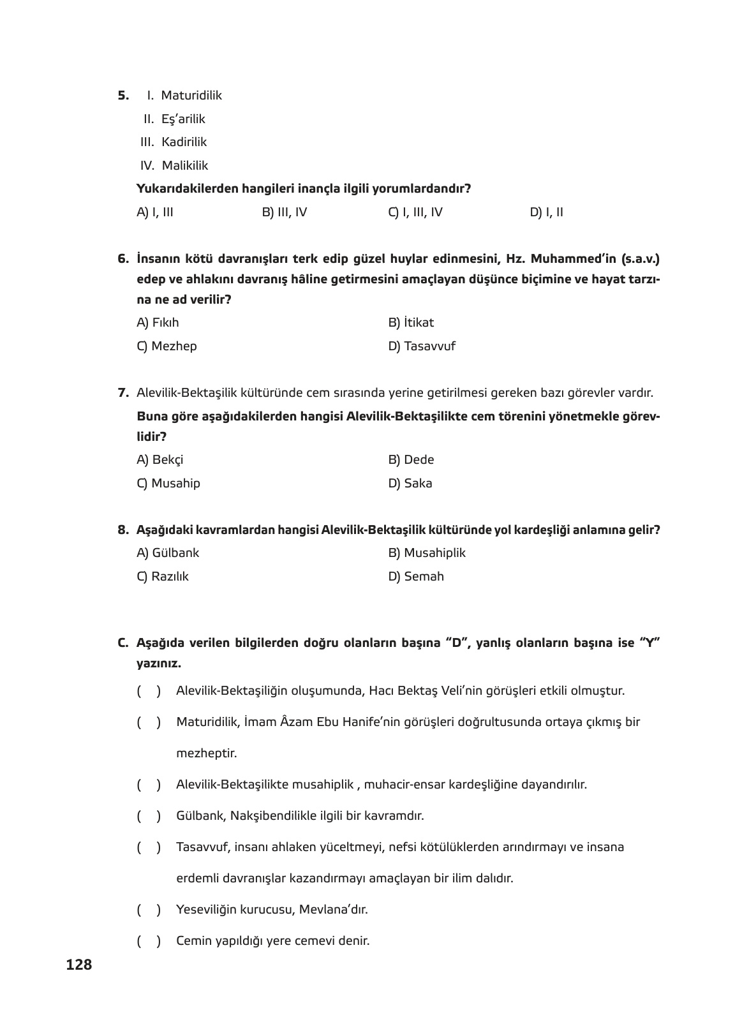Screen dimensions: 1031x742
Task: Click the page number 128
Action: click(x=79, y=965)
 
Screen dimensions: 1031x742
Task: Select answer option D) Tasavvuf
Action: click(x=422, y=346)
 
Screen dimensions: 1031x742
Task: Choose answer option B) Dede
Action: click(x=411, y=459)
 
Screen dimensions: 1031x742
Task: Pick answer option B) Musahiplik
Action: click(x=427, y=553)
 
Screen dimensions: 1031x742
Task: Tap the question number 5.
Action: click(x=122, y=96)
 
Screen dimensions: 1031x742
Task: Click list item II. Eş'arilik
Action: click(x=174, y=119)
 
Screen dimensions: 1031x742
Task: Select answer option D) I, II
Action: click(x=546, y=212)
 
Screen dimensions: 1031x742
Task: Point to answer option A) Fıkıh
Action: click(x=158, y=322)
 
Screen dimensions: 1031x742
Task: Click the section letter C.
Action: click(x=122, y=642)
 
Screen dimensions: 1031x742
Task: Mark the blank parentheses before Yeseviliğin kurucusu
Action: click(x=149, y=909)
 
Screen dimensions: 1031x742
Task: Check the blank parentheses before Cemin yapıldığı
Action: click(x=149, y=940)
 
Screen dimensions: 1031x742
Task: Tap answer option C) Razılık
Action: click(x=163, y=576)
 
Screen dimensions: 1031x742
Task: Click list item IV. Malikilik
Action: click(x=174, y=165)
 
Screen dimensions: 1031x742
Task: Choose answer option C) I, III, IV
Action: click(x=415, y=212)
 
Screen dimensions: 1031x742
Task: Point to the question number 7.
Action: click(x=123, y=393)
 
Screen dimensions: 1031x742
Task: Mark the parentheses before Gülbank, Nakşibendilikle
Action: click(x=149, y=815)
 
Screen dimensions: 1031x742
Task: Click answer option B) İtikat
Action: click(x=411, y=322)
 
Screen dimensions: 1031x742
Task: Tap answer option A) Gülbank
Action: click(x=168, y=553)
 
